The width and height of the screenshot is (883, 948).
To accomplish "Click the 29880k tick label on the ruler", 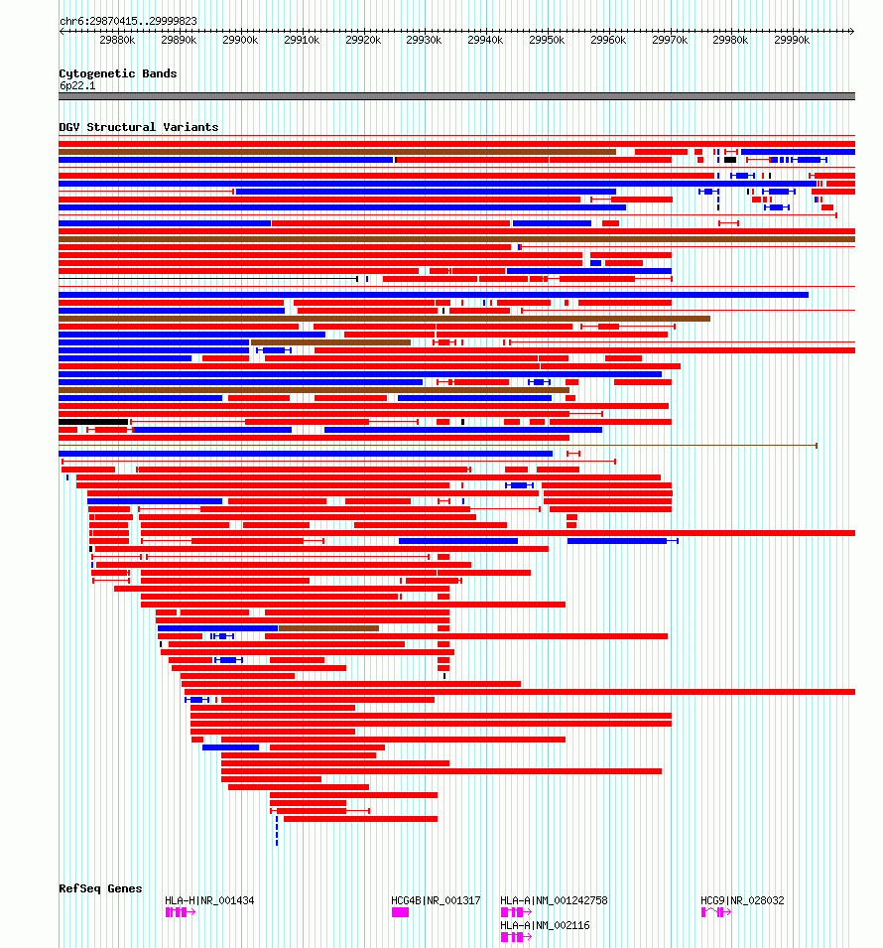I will click(x=118, y=40).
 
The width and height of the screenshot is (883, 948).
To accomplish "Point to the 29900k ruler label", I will click(x=241, y=40).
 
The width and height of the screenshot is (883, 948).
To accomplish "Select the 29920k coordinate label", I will click(x=364, y=40).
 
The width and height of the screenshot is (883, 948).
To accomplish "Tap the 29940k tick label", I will click(x=486, y=40).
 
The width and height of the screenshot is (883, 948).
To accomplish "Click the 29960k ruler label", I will click(x=609, y=40).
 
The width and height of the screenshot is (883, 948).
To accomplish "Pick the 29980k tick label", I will click(x=731, y=40).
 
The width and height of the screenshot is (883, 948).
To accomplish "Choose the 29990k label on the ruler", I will click(x=793, y=40).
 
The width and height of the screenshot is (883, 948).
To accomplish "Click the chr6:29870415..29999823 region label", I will click(x=128, y=21).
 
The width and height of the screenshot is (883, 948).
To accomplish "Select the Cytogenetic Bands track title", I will click(x=118, y=73).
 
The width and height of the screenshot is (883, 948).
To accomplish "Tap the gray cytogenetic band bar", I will click(x=456, y=96).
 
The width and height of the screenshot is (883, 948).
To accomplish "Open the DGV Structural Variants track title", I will click(x=139, y=127).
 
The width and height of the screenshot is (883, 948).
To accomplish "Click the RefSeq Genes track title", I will click(x=100, y=888).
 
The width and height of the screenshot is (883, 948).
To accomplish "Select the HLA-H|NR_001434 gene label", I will click(x=209, y=900).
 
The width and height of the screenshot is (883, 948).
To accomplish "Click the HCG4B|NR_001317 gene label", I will click(x=436, y=900).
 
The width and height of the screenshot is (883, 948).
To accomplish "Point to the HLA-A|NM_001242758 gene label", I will click(x=554, y=900).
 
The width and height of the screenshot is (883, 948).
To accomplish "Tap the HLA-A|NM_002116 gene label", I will click(x=545, y=925).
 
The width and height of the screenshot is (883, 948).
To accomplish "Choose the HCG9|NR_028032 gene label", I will click(x=742, y=900).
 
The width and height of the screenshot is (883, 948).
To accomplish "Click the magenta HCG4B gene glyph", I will click(x=400, y=912).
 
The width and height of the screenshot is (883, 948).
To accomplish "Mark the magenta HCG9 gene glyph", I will click(x=715, y=912).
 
